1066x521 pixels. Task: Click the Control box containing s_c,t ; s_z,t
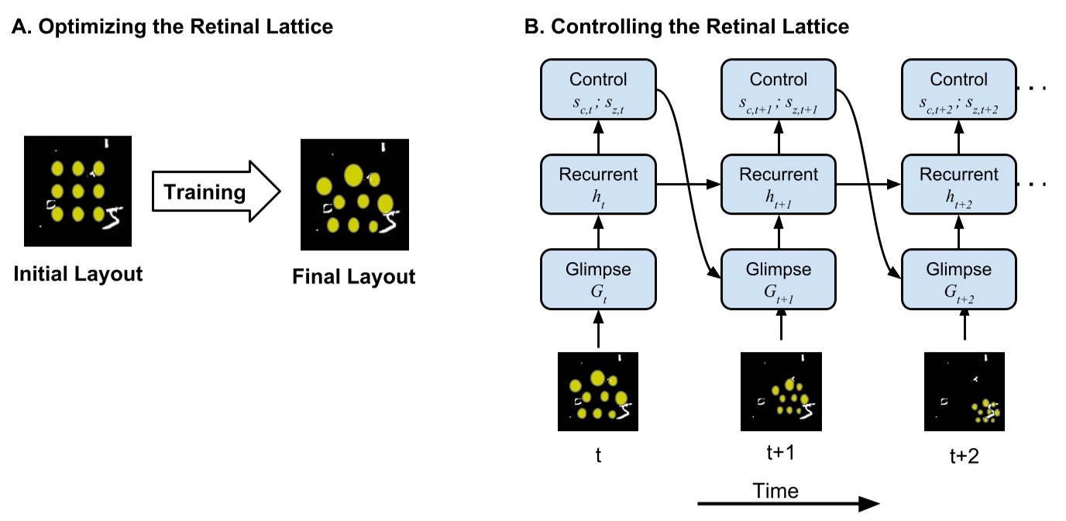[x=598, y=90]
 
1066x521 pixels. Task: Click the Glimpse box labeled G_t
[x=598, y=279]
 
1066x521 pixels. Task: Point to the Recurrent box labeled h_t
[x=598, y=184]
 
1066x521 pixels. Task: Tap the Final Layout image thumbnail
[x=354, y=195]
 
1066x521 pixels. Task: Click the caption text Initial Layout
[x=78, y=274]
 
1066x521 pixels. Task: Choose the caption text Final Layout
[x=353, y=276]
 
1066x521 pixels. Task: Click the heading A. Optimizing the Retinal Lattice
[x=172, y=27]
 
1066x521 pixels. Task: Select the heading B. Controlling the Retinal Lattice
[x=687, y=27]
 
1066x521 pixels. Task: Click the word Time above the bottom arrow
[x=775, y=490]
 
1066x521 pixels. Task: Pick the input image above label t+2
[x=965, y=392]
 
